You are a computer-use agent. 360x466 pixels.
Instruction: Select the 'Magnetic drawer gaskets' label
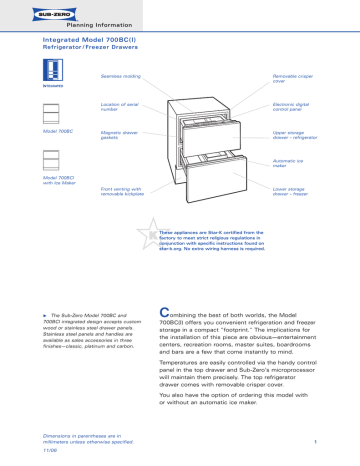coord(119,135)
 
